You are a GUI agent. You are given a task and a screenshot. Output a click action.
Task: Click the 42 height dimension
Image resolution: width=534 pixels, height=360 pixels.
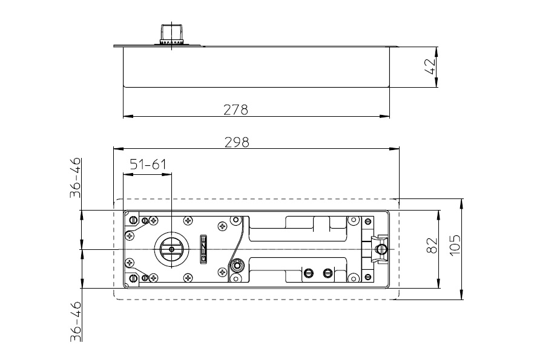(430, 67)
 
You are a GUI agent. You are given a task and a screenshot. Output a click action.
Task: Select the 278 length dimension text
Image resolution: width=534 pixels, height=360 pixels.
(236, 110)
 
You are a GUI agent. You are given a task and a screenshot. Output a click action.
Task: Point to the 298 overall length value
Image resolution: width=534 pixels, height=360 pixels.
(237, 142)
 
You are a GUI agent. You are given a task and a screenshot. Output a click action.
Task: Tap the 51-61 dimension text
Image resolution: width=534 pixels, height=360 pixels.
(148, 165)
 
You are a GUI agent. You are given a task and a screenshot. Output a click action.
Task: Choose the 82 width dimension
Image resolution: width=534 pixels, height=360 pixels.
(432, 245)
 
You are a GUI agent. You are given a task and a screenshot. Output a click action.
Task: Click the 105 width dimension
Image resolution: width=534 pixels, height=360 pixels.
(455, 245)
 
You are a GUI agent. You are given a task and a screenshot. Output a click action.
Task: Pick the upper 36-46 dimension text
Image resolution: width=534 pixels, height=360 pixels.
(76, 177)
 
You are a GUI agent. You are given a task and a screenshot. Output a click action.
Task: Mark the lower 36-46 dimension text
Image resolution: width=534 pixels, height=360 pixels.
(76, 321)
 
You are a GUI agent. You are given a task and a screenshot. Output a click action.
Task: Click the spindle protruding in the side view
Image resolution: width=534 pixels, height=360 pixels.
(171, 34)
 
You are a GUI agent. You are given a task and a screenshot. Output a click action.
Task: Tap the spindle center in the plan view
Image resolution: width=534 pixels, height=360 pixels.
(171, 249)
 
